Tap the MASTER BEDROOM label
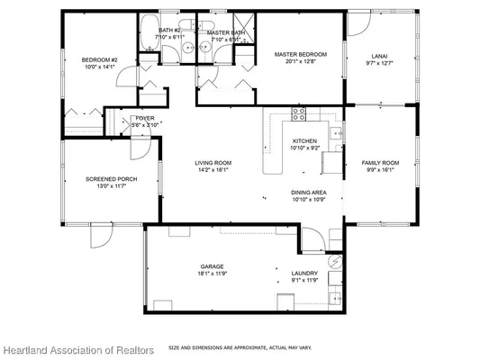click(300, 55)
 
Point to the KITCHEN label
click(304, 140)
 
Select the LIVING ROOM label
click(213, 163)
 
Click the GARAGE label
click(213, 267)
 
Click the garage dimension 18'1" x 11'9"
click(213, 274)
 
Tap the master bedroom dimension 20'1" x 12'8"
click(300, 61)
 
